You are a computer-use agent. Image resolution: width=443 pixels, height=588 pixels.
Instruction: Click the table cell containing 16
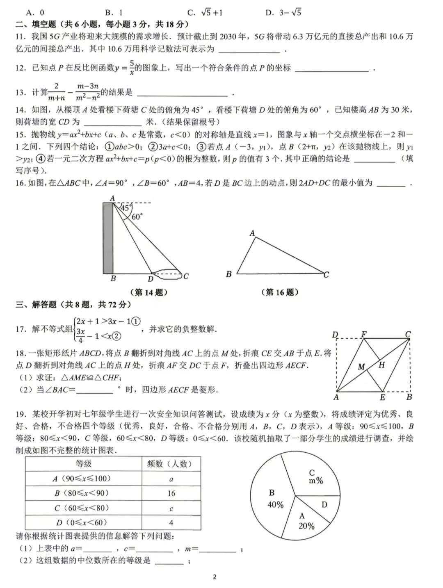pyautogui.click(x=171, y=493)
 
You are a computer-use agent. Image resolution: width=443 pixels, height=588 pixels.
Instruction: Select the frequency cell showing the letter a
pyautogui.click(x=171, y=479)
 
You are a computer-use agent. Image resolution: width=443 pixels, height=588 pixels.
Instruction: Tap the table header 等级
pyautogui.click(x=84, y=464)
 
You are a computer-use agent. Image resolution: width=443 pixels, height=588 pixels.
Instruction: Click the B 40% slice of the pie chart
pyautogui.click(x=274, y=498)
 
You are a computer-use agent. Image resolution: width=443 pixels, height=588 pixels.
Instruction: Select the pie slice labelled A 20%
pyautogui.click(x=306, y=521)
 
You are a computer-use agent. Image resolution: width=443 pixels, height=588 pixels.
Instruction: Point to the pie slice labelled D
pyautogui.click(x=324, y=504)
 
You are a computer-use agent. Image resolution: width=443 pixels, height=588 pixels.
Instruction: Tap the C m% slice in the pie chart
pyautogui.click(x=315, y=477)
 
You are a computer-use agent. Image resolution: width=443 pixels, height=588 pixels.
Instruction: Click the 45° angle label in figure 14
pyautogui.click(x=125, y=207)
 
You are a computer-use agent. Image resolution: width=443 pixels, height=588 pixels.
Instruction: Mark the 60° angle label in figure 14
pyautogui.click(x=137, y=217)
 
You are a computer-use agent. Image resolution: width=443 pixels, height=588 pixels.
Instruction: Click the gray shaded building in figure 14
pyautogui.click(x=108, y=238)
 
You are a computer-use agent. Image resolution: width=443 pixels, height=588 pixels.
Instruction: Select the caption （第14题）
pyautogui.click(x=148, y=292)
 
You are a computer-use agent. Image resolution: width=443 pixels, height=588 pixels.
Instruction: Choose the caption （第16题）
pyautogui.click(x=280, y=292)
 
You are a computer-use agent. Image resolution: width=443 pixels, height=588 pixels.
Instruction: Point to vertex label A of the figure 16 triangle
pyautogui.click(x=252, y=233)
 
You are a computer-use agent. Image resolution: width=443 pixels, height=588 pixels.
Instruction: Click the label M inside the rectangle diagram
pyautogui.click(x=361, y=367)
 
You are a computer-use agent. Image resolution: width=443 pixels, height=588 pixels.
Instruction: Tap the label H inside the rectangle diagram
pyautogui.click(x=382, y=365)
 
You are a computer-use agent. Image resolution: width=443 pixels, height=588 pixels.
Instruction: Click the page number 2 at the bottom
pyautogui.click(x=215, y=577)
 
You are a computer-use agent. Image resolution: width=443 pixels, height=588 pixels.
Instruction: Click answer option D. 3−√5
pyautogui.click(x=283, y=13)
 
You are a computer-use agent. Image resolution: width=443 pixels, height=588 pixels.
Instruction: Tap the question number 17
pyautogui.click(x=21, y=329)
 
